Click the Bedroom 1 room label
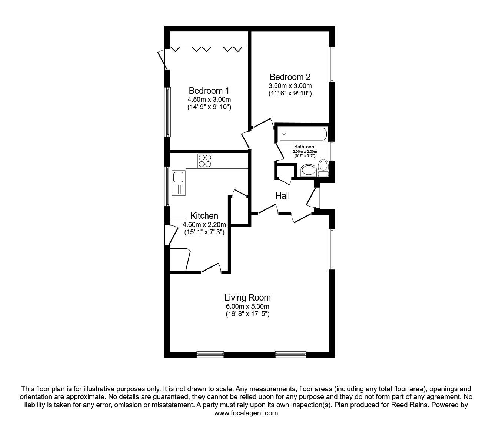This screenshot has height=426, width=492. click(x=209, y=91)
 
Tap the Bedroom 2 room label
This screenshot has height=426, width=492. click(x=290, y=77)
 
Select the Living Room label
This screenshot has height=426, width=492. click(x=247, y=298)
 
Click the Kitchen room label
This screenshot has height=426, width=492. click(x=204, y=216)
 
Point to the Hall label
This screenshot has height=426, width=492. click(x=282, y=196)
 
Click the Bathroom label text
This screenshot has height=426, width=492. click(x=305, y=147)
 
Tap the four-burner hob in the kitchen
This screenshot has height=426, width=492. click(x=205, y=161)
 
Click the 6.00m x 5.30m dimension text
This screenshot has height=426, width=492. click(x=247, y=306)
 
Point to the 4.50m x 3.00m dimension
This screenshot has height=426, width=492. click(x=209, y=100)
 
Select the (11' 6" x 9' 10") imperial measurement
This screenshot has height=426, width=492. click(x=290, y=94)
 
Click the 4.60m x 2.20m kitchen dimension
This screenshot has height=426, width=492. click(x=204, y=224)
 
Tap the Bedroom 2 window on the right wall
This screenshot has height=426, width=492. click(x=332, y=64)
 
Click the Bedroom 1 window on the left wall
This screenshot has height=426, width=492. click(x=168, y=112)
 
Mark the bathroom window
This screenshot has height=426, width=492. click(x=332, y=151)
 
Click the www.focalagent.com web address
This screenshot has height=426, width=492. click(x=246, y=413)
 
